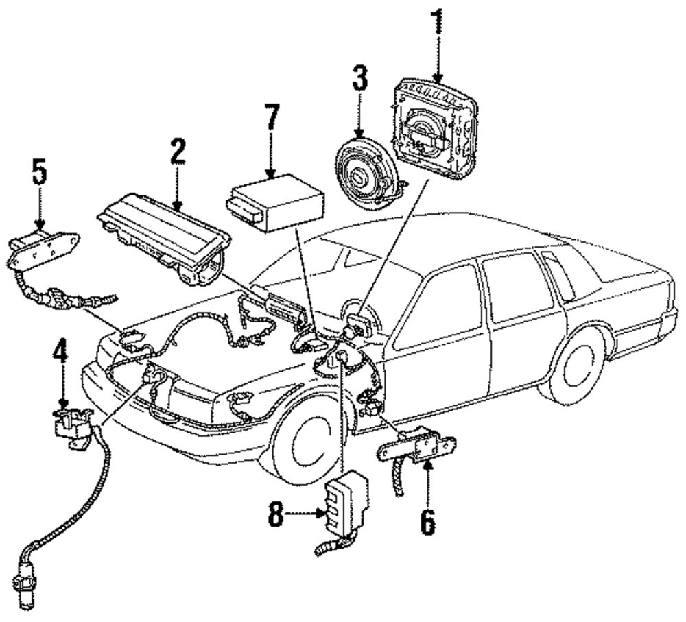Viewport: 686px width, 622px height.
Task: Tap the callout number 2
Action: [178, 152]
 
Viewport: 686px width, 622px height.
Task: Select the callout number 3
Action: [359, 78]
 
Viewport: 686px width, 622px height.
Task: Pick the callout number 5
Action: [39, 172]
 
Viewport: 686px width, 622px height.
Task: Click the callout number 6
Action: [428, 523]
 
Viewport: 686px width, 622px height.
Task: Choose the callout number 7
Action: [272, 117]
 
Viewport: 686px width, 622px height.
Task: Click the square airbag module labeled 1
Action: [436, 130]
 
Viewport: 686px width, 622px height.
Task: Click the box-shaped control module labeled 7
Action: [276, 202]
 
